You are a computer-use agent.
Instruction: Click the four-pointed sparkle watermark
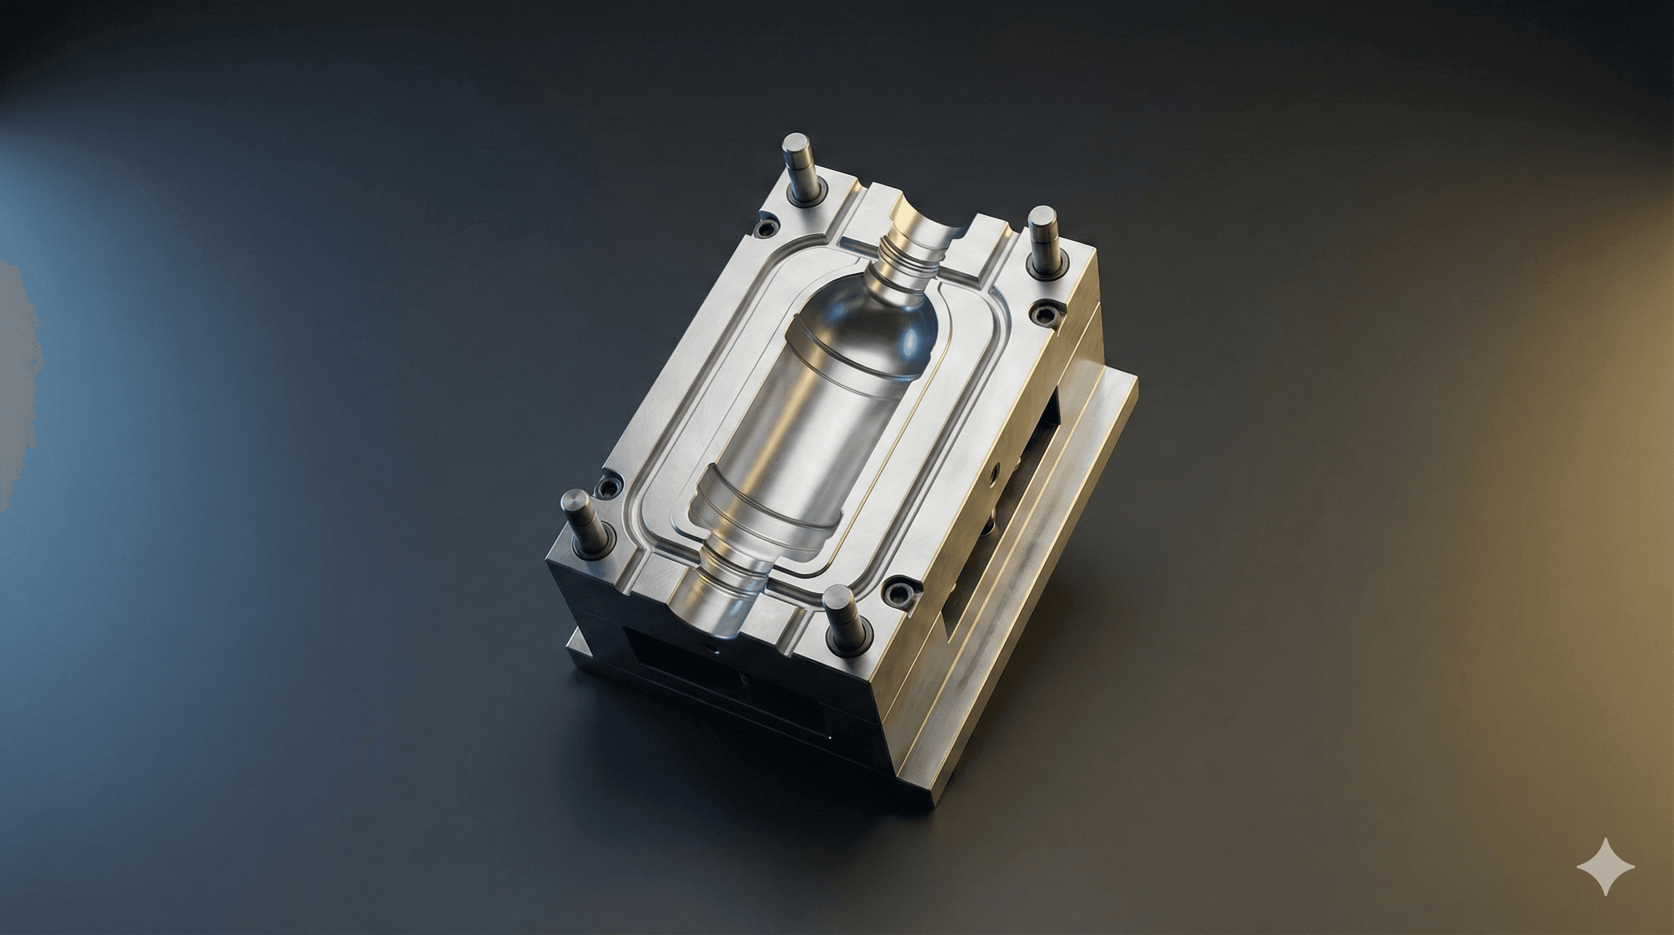coord(1606,867)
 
